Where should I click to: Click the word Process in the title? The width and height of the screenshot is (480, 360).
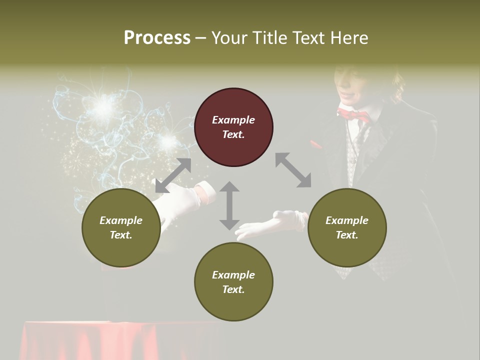[x=157, y=38]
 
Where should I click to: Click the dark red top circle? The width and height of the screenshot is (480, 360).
[x=233, y=127]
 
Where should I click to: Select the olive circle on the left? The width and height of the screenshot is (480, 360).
[x=121, y=227]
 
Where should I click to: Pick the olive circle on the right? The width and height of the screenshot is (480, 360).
[x=347, y=227]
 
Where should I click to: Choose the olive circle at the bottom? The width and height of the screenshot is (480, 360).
[x=233, y=282]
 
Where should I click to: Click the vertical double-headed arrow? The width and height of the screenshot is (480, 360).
[x=229, y=205]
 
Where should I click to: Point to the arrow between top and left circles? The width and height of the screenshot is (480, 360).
[x=173, y=175]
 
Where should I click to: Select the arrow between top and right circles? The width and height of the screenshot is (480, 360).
[x=293, y=170]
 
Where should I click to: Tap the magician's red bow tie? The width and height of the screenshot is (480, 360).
[x=353, y=115]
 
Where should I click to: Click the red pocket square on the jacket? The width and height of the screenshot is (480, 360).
[x=316, y=144]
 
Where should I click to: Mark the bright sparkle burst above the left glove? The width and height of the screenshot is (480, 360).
[x=104, y=105]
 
